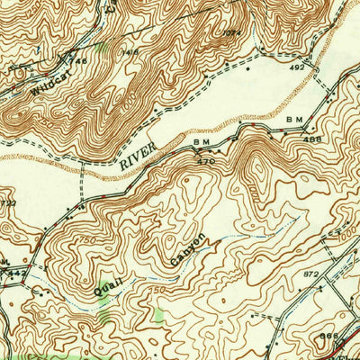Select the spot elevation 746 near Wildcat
click(79, 60)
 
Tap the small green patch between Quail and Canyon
click(160, 315)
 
